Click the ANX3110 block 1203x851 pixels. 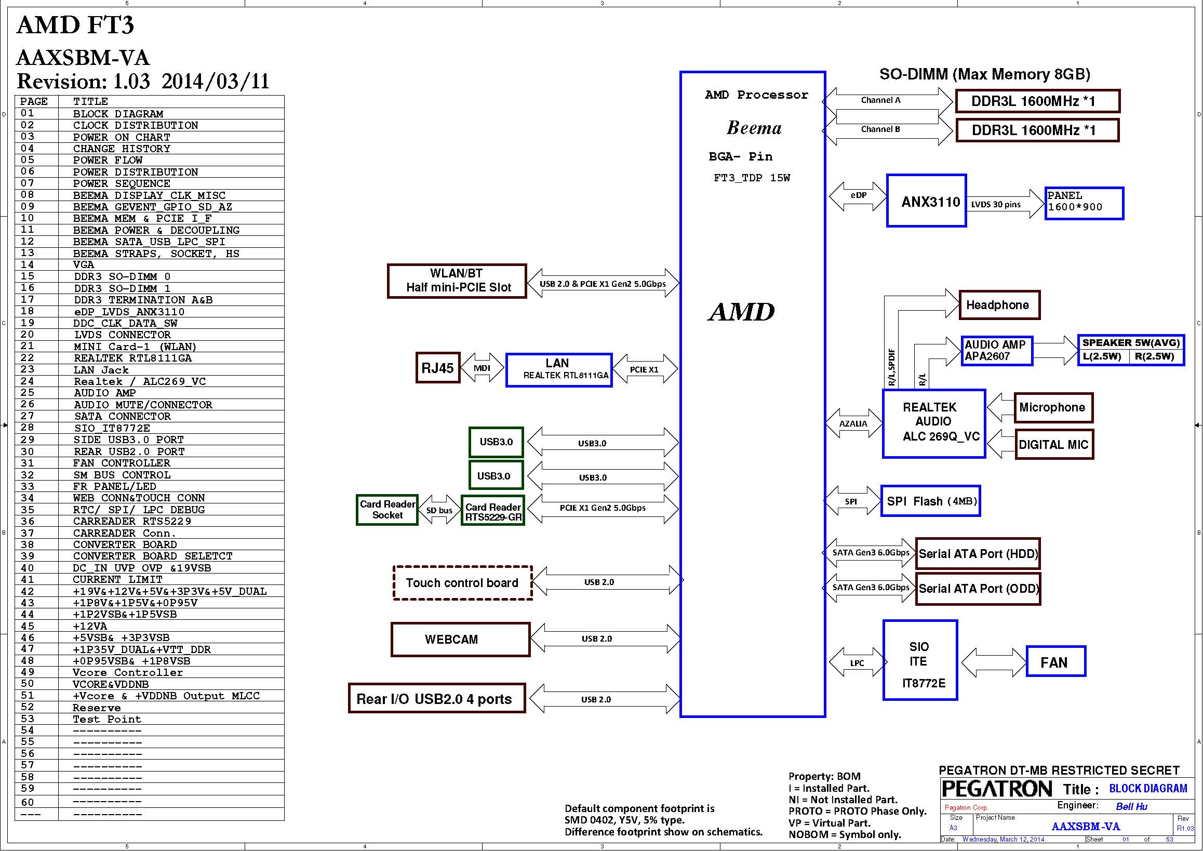(x=926, y=201)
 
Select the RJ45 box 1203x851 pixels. (x=437, y=368)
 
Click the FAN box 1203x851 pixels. (x=1055, y=662)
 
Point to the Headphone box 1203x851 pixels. (x=999, y=305)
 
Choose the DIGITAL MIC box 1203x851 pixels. (x=1054, y=444)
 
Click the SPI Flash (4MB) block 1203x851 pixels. (x=930, y=501)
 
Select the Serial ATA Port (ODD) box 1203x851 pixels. (x=978, y=589)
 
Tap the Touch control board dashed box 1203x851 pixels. (x=462, y=583)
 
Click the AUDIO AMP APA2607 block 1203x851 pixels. (x=997, y=351)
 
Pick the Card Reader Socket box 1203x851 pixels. (x=386, y=510)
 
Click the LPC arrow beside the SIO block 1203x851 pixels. (x=857, y=663)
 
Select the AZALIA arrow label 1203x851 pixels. (x=853, y=423)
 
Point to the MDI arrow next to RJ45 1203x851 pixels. (x=482, y=368)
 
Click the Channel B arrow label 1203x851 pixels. (x=880, y=129)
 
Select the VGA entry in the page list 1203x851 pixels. (x=84, y=265)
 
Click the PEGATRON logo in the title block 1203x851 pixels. (x=997, y=789)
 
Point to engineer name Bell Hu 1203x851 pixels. (x=1131, y=807)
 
